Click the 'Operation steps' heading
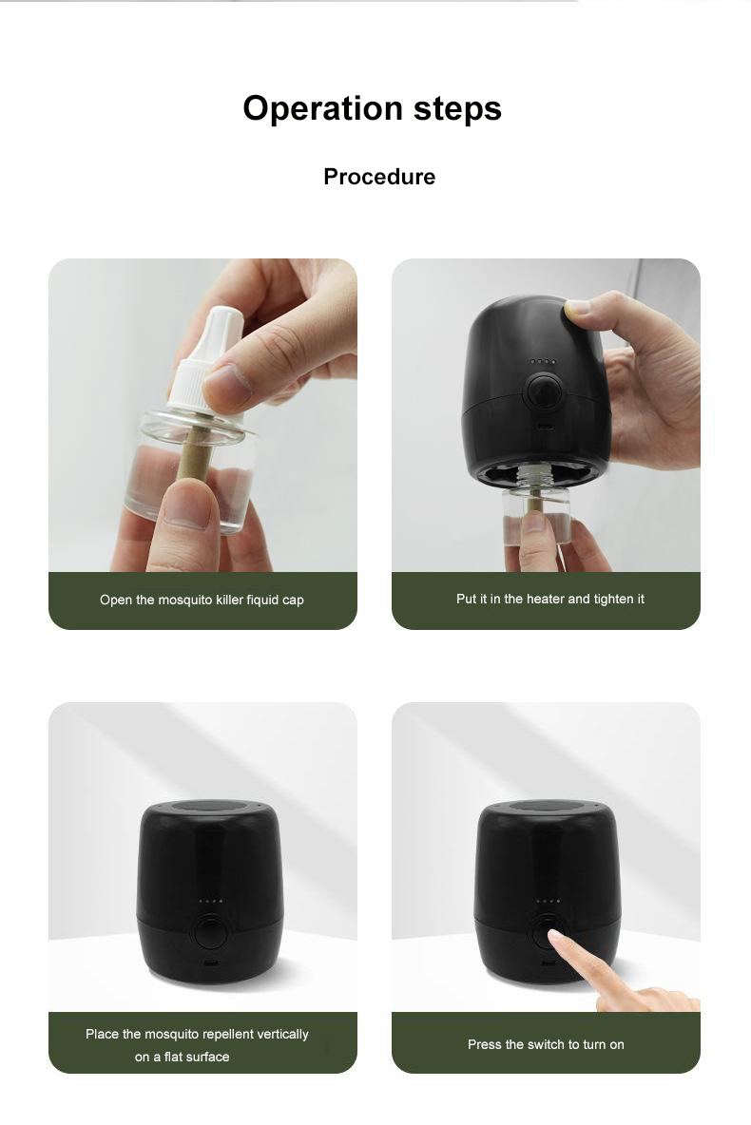coord(372,109)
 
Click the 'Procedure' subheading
coord(379,177)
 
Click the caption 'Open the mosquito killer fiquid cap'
coord(202,600)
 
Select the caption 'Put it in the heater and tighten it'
coord(550,600)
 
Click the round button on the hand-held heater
coord(544,391)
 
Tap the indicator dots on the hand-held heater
coord(543,362)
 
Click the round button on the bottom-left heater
coord(211,931)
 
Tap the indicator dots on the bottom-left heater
coord(210,901)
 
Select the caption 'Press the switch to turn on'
coord(546,1044)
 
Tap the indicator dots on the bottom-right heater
coord(548,901)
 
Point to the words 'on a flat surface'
coord(183,1057)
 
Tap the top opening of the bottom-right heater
coord(548,807)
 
